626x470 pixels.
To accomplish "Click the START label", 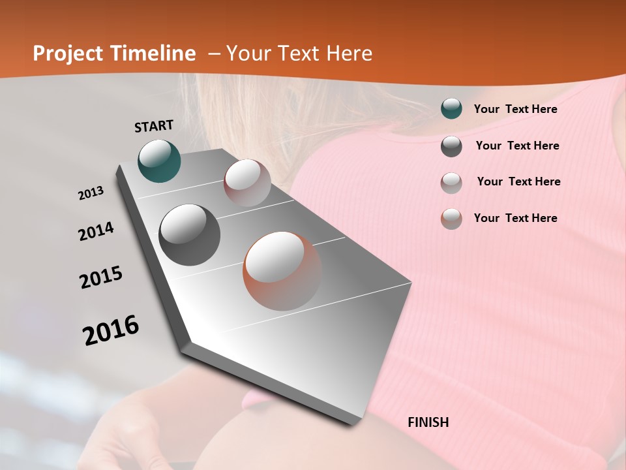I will [x=154, y=126].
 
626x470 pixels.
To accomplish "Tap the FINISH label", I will [x=428, y=422].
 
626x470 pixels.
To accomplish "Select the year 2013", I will [x=91, y=193].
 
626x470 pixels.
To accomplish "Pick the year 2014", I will [x=97, y=231].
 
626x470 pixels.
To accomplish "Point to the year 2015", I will [x=101, y=277].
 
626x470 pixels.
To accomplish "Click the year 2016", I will [x=111, y=330].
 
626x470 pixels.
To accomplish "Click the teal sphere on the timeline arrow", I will [x=160, y=161].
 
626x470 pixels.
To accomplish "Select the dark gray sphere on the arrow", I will [x=190, y=235].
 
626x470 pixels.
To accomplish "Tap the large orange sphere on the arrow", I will [x=282, y=271].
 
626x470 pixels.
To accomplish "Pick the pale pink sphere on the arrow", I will [x=247, y=183].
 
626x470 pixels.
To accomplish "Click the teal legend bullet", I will [x=451, y=109].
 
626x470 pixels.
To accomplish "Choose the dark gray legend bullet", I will [x=451, y=146].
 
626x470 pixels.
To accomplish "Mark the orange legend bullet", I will [x=451, y=219].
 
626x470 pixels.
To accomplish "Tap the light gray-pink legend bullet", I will [x=451, y=182].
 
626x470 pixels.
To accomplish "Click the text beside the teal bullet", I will [x=515, y=109].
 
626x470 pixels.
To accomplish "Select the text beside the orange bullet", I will [x=515, y=218].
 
